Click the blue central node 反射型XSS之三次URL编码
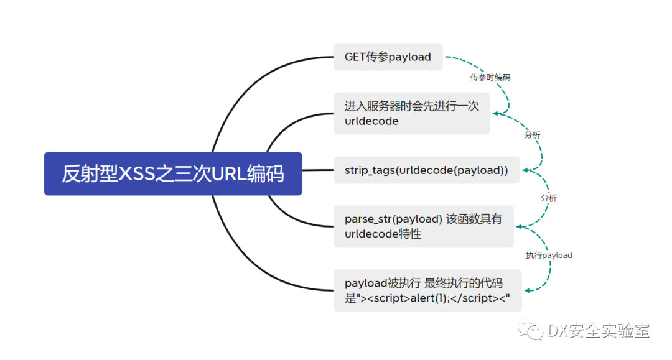[x=173, y=174]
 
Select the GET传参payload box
[x=388, y=57]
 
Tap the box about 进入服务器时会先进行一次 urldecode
[x=411, y=113]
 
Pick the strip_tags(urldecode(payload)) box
[x=426, y=170]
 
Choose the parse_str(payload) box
[x=424, y=226]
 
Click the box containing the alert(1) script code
[x=427, y=290]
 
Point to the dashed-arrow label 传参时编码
[x=490, y=78]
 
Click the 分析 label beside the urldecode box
[x=532, y=135]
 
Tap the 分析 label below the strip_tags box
[x=549, y=198]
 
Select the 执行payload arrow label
[x=549, y=255]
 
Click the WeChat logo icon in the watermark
[x=531, y=330]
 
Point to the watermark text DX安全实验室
[x=599, y=330]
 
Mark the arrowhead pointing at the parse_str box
[x=520, y=227]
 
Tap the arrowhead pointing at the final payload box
[x=529, y=290]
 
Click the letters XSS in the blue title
[x=136, y=174]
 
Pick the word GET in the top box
[x=355, y=57]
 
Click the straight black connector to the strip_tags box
[x=318, y=170]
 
